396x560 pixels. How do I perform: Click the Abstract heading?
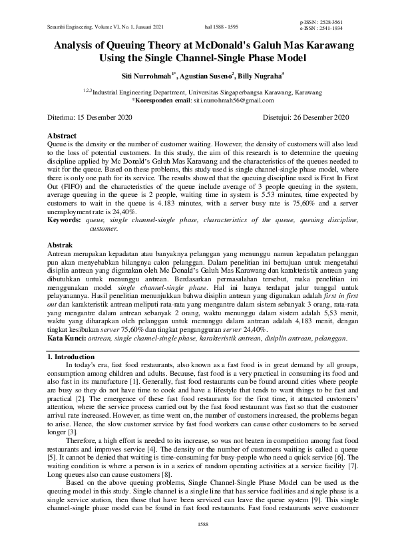tap(63, 136)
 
